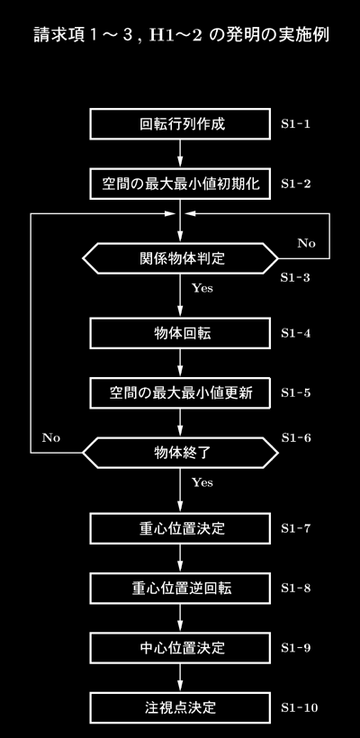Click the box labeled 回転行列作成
click(180, 124)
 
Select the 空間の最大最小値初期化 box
click(180, 184)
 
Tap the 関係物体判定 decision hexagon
click(180, 258)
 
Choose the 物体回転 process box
click(180, 333)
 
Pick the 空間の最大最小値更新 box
click(180, 392)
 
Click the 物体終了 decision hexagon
click(180, 453)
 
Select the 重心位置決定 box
click(180, 528)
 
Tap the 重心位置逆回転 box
click(180, 589)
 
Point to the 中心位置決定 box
click(180, 648)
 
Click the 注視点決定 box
click(180, 707)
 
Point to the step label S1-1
click(295, 125)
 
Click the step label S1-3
click(295, 278)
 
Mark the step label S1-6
click(296, 437)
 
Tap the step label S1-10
click(300, 708)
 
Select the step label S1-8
click(295, 589)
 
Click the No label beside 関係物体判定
click(306, 243)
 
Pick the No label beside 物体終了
click(51, 437)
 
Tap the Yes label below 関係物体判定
click(202, 288)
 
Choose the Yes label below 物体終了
click(202, 482)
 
